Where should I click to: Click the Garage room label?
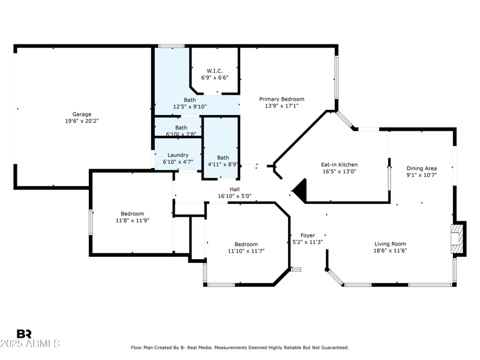82,114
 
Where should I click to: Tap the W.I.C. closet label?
215,71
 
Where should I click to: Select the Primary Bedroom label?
281,99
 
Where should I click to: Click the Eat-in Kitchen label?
340,164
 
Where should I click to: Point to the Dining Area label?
422,169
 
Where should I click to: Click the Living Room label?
390,244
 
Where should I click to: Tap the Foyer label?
307,236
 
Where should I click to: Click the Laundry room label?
178,155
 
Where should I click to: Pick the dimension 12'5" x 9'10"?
190,107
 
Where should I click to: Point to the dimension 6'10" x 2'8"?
181,134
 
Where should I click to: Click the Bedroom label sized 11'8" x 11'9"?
132,214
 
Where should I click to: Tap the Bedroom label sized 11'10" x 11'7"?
246,244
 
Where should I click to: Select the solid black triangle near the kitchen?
300,191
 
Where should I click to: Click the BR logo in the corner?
24,334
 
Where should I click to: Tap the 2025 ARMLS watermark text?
30,344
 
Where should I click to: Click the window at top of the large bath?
171,46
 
